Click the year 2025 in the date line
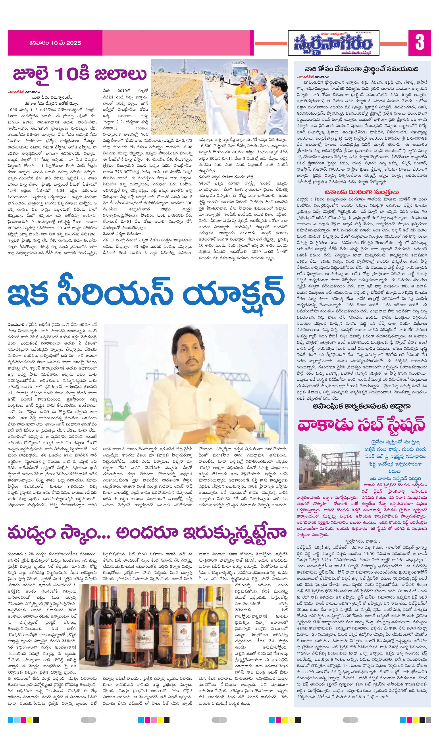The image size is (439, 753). pyautogui.click(x=74, y=43)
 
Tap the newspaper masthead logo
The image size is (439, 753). pyautogui.click(x=333, y=43)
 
